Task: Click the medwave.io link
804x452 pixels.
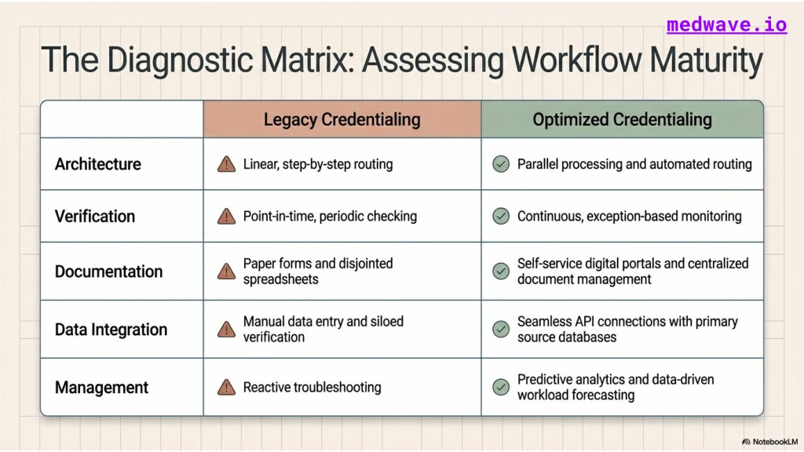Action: point(726,24)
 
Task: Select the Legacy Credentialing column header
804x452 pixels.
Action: point(342,119)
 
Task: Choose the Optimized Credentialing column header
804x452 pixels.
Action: point(622,119)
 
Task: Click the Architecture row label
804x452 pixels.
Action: point(98,164)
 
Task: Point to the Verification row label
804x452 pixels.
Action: point(95,217)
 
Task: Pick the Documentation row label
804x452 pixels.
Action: point(108,271)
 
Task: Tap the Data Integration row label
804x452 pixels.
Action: point(111,329)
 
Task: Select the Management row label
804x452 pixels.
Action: point(101,388)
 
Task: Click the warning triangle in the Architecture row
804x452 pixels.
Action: point(226,164)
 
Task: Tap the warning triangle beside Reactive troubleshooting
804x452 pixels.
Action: point(226,388)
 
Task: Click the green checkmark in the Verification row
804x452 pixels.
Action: point(501,217)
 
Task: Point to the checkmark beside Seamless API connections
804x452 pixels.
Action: point(501,329)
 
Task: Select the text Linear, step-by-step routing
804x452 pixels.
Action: point(318,164)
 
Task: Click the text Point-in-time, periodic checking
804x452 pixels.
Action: point(330,217)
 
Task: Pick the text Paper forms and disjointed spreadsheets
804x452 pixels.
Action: point(318,271)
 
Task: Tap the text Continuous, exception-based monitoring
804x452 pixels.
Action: point(629,217)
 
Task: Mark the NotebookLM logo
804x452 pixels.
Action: point(769,442)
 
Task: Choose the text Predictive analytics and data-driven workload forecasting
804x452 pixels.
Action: point(616,387)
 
